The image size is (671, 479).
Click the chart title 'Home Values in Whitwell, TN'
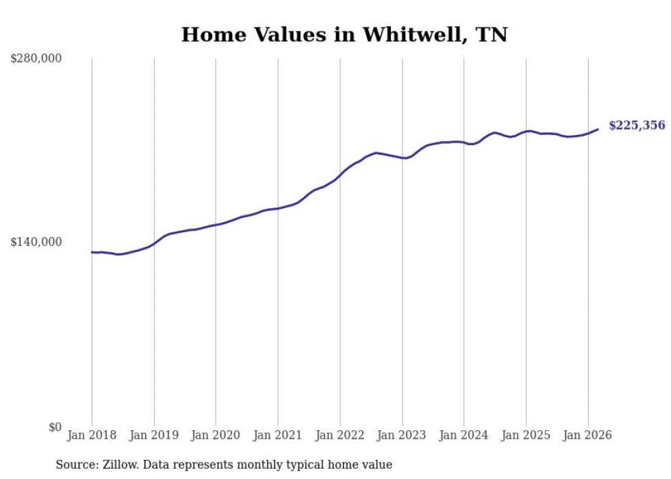pos(344,35)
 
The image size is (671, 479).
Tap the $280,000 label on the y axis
pos(36,59)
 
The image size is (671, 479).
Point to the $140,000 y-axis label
pos(36,242)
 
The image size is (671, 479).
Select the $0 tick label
pos(55,427)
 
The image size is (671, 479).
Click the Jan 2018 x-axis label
pos(92,435)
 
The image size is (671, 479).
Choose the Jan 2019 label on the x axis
pos(154,435)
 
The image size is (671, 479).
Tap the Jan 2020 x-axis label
pos(216,435)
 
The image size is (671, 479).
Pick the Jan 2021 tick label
pos(278,435)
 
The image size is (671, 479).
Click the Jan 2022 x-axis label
pos(340,435)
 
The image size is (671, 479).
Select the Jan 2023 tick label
pos(402,435)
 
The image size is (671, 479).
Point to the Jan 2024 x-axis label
pos(464,435)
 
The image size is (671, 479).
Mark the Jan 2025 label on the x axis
pos(526,435)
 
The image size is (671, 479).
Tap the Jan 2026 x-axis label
pos(587,435)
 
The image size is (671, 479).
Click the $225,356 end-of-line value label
pos(637,125)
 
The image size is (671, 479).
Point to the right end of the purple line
pos(598,129)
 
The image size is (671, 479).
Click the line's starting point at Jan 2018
pos(92,252)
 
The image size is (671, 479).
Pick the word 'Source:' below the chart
pos(75,465)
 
